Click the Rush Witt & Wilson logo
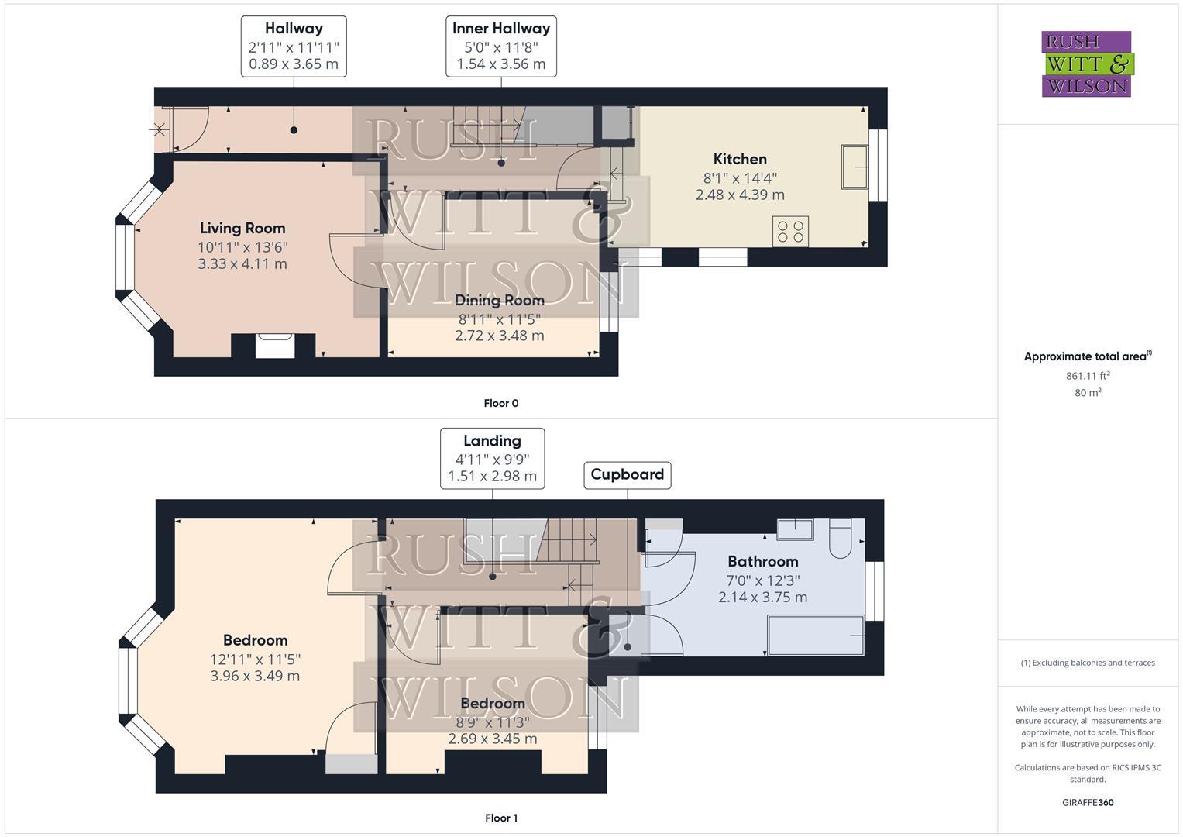[1086, 64]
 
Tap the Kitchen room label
[740, 159]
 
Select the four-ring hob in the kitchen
[790, 232]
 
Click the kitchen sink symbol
[855, 166]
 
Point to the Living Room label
[242, 228]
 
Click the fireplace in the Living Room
[274, 345]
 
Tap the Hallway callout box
[294, 46]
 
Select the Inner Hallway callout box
[501, 46]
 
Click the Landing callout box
[492, 458]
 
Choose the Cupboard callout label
[627, 474]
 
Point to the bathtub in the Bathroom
[815, 635]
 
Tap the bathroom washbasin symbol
[795, 530]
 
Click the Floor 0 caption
[500, 403]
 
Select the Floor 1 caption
[500, 818]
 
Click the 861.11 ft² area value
[1088, 376]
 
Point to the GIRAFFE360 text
[1088, 802]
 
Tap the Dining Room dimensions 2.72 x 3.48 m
[499, 336]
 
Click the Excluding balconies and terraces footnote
[1088, 663]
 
